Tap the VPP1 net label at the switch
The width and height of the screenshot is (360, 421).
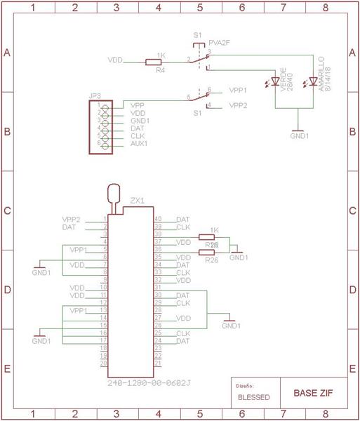(x=238, y=91)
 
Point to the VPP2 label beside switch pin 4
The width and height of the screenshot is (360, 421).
(x=238, y=106)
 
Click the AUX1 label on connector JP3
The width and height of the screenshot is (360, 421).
(x=139, y=144)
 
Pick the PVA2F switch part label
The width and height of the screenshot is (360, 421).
(x=220, y=43)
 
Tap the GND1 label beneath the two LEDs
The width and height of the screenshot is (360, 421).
(x=300, y=136)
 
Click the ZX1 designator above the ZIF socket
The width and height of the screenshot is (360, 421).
(x=137, y=201)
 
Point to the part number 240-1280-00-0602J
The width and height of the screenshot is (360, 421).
(x=149, y=384)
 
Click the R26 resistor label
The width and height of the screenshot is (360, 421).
(x=211, y=260)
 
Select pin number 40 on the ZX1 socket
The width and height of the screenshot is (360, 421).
(x=158, y=220)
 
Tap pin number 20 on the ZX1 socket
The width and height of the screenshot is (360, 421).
(x=103, y=363)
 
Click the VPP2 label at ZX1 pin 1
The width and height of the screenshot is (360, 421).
(x=72, y=220)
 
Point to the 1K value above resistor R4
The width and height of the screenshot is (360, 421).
(x=161, y=55)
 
